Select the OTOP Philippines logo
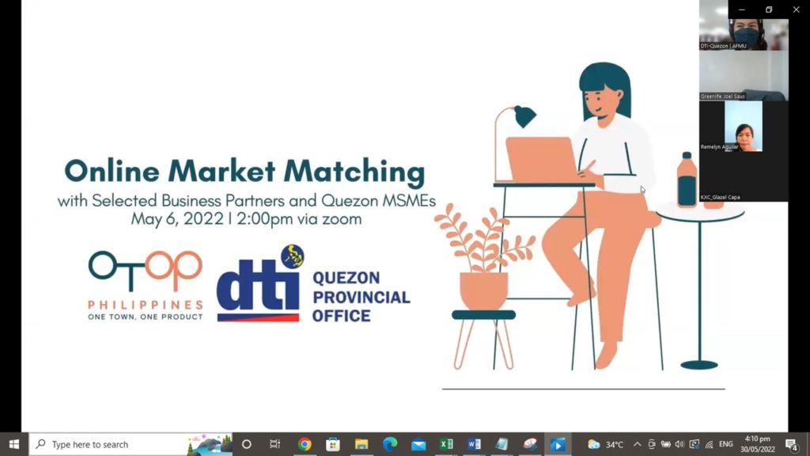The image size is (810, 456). pyautogui.click(x=146, y=285)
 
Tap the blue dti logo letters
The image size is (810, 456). pyautogui.click(x=257, y=289)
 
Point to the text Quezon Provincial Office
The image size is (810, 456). pyautogui.click(x=361, y=297)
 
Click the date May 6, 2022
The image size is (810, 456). pyautogui.click(x=177, y=219)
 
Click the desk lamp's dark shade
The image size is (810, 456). pyautogui.click(x=524, y=117)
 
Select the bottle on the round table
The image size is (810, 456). pyautogui.click(x=687, y=180)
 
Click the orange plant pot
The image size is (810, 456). pyautogui.click(x=483, y=291)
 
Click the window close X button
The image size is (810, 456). pyautogui.click(x=796, y=9)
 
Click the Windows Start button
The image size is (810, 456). pyautogui.click(x=13, y=444)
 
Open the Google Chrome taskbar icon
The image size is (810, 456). pyautogui.click(x=305, y=444)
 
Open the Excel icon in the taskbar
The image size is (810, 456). pyautogui.click(x=446, y=444)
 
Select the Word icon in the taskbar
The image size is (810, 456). pyautogui.click(x=474, y=444)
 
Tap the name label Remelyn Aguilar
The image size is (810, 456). pyautogui.click(x=719, y=147)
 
